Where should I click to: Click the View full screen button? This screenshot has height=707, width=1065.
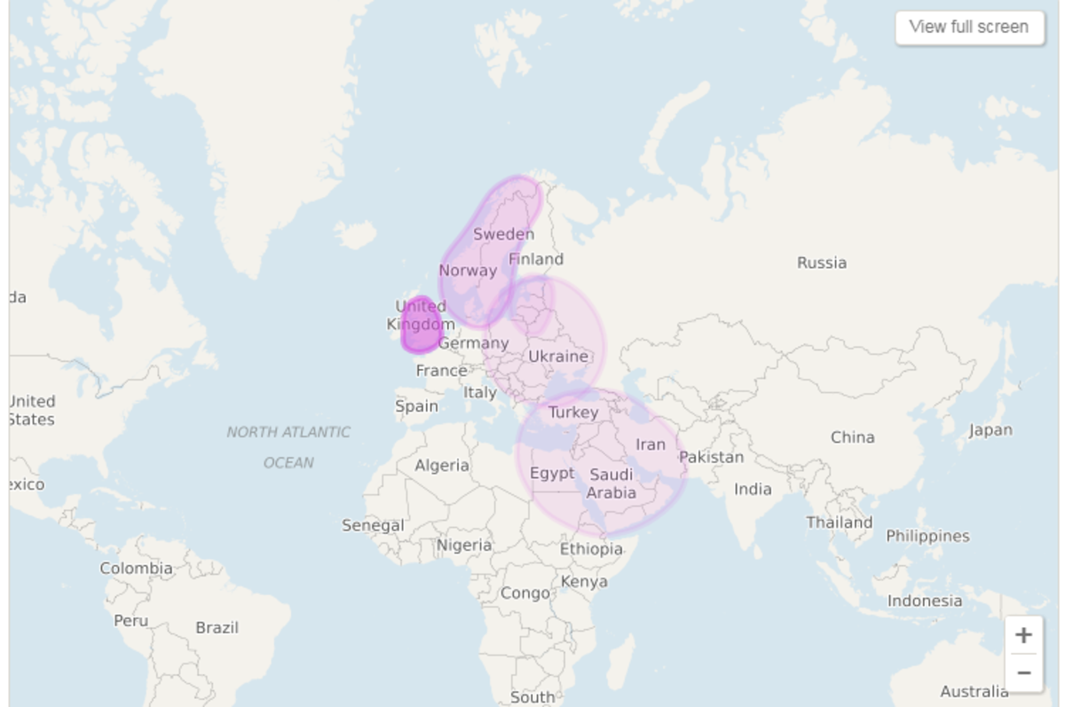969,27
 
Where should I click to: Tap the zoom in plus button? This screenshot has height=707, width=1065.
1023,635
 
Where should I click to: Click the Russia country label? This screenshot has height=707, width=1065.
821,263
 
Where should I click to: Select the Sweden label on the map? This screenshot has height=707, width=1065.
503,234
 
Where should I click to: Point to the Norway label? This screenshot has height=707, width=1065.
468,271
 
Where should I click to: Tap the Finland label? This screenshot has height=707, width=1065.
535,259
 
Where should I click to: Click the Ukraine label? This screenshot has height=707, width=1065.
558,356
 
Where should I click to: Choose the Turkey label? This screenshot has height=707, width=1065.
573,412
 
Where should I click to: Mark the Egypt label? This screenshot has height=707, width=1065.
552,473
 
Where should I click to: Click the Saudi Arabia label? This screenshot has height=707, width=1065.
611,483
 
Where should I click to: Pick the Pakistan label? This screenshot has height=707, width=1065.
711,457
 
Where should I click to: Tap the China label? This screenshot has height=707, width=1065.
852,436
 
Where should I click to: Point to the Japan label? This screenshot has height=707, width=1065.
990,430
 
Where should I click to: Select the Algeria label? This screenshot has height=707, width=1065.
442,465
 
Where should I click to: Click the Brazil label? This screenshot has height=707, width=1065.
217,627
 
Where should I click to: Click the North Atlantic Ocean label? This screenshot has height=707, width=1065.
288,446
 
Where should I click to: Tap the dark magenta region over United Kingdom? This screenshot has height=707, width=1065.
420,326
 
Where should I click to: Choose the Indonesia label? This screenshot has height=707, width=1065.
924,601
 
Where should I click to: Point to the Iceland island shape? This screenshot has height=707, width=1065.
355,235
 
